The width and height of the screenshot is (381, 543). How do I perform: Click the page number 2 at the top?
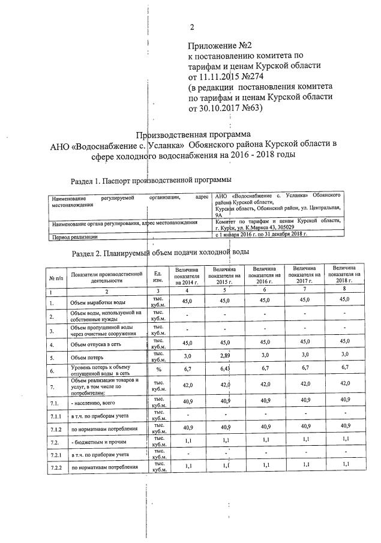pos(192,27)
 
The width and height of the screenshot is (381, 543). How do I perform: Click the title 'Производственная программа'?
pos(193,134)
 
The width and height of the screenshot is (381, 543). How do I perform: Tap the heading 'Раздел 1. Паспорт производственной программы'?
pos(151,179)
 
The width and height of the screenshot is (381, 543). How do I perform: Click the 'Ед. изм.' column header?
pos(158,277)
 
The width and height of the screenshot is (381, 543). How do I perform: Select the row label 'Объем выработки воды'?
pos(97,303)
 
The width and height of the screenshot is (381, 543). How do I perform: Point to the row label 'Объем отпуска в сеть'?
pos(96,344)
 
